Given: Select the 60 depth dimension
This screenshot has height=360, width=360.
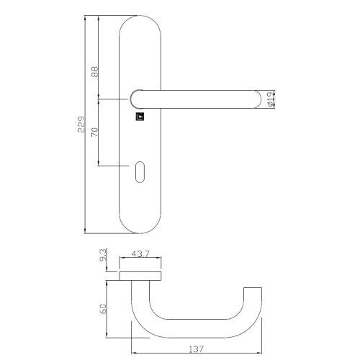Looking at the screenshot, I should pos(105,308).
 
